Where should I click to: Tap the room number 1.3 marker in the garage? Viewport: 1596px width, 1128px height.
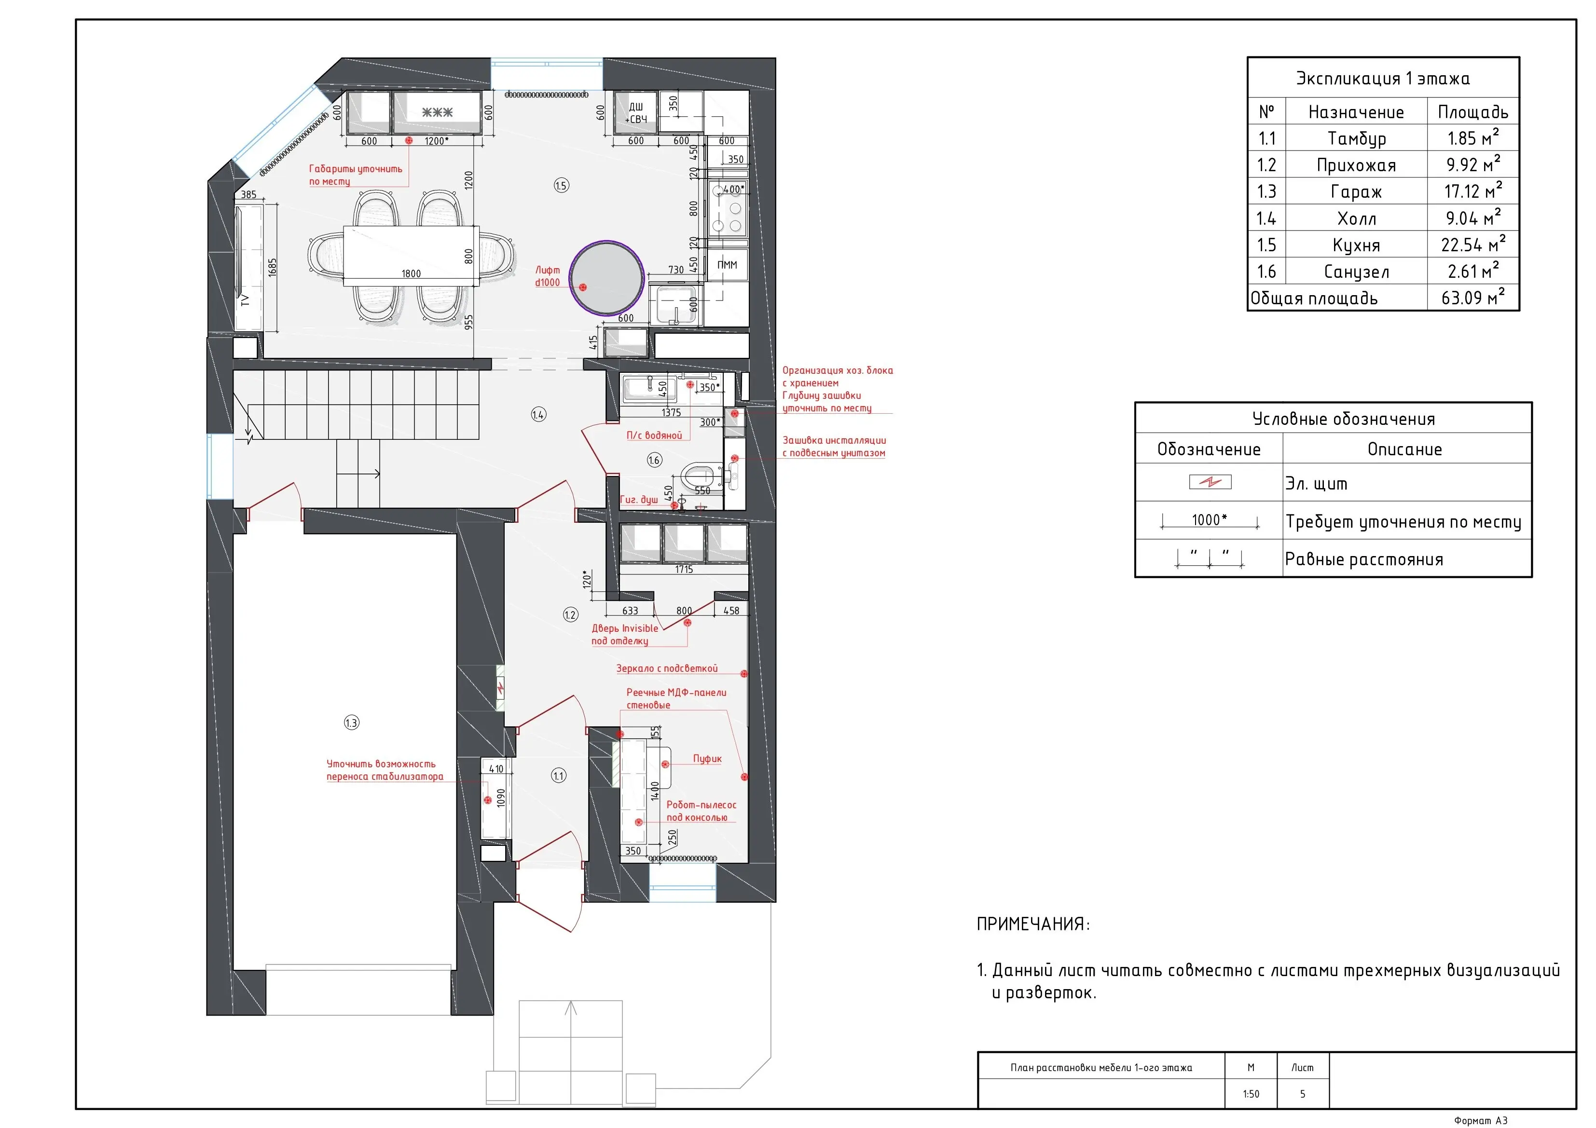pos(352,723)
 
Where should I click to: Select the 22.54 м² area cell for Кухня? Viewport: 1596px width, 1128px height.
pos(1472,244)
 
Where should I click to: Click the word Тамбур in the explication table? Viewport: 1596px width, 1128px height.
pos(1356,138)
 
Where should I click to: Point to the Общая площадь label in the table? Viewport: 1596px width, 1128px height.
pos(1314,298)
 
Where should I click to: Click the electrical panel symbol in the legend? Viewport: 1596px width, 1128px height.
pos(1210,482)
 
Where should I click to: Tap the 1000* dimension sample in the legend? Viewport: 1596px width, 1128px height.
pos(1210,520)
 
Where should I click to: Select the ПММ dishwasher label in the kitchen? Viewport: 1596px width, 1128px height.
pos(727,265)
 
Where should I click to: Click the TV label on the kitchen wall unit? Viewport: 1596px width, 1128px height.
pos(245,300)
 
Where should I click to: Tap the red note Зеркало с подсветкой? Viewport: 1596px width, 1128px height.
pos(667,668)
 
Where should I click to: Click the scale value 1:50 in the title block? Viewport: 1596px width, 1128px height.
pos(1251,1094)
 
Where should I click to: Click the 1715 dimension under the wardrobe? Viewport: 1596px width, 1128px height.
pos(684,569)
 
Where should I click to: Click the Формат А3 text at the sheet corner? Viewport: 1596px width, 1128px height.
pos(1481,1120)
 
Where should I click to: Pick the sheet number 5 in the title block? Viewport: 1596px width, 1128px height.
pos(1303,1094)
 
